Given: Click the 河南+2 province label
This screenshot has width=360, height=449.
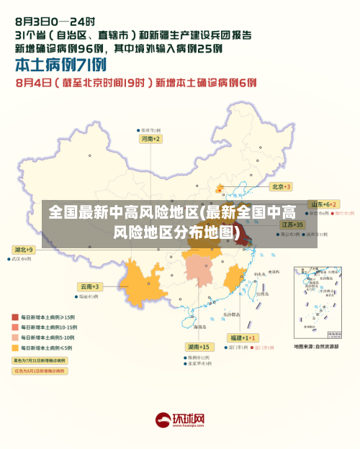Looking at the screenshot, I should coord(150,138).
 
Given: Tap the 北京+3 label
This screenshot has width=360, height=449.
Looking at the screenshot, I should coord(281,186).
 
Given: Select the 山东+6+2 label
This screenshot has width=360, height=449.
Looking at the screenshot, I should coord(323,204).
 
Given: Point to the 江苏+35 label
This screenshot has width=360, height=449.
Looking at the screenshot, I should coord(292,224).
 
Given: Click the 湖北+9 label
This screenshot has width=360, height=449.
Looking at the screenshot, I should coord(23,249).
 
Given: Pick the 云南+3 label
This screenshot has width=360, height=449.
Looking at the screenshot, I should coord(90,286).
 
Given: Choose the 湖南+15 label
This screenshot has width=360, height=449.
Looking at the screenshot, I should coord(198,347).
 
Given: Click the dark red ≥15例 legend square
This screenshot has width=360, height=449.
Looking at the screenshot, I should coord(15,317).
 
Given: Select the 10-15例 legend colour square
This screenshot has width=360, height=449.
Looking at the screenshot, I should coord(15,327).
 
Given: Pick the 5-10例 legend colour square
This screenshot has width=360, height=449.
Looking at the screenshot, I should coord(15,337).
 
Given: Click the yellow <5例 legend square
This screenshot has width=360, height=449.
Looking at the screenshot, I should coord(15,348).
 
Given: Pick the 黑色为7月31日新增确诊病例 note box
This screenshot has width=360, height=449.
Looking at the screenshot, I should coord(39,360).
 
